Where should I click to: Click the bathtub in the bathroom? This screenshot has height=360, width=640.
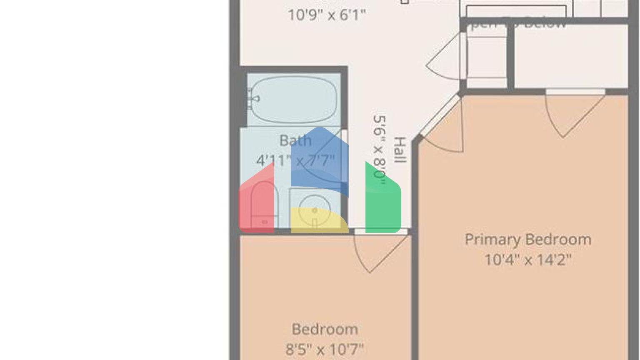click(x=294, y=99)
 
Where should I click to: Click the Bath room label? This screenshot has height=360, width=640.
click(x=295, y=140)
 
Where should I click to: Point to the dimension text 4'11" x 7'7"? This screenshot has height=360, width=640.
click(x=295, y=160)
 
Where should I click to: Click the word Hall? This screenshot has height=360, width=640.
click(x=399, y=150)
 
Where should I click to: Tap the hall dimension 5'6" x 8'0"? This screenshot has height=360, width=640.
click(x=380, y=147)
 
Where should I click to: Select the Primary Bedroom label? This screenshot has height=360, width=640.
click(x=527, y=240)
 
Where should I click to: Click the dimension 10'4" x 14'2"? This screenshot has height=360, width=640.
click(x=527, y=260)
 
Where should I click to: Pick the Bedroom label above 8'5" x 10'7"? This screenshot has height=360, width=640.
click(x=325, y=329)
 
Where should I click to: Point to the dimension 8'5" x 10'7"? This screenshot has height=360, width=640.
click(x=325, y=349)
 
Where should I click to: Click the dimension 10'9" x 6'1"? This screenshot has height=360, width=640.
click(x=327, y=15)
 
